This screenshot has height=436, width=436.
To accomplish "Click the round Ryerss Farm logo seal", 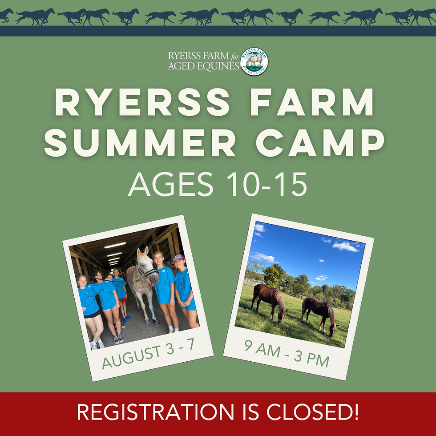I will point(254,61).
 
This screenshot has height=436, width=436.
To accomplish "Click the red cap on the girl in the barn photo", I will point(178,258).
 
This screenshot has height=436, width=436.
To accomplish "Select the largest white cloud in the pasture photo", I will point(345,246).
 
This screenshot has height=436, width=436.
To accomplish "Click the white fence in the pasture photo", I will point(253,281).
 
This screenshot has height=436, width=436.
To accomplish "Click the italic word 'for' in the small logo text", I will point(235,57).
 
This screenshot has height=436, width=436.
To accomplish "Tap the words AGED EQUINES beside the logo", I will point(203,66).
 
